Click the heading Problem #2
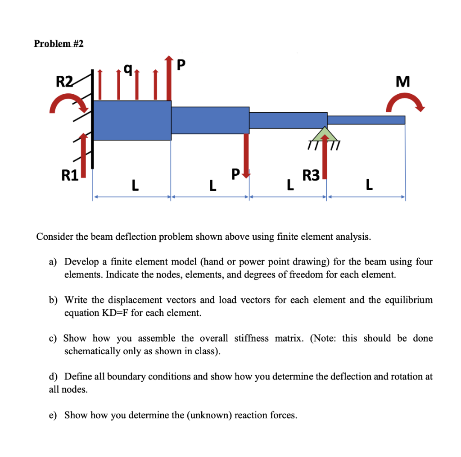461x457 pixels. [x=59, y=44]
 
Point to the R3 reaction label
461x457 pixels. [x=311, y=175]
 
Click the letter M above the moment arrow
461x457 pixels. [x=402, y=82]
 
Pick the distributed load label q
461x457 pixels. [x=128, y=69]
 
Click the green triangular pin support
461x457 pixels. [x=327, y=133]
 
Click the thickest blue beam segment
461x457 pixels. [x=132, y=120]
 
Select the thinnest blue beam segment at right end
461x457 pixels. [x=366, y=120]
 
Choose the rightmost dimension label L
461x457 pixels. [x=370, y=184]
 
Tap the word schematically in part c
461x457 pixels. [x=93, y=351]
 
